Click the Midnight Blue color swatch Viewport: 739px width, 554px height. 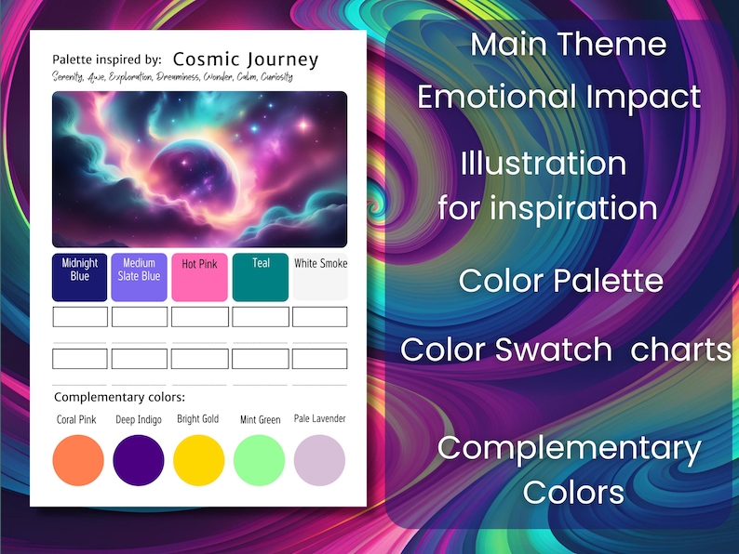pos(80,277)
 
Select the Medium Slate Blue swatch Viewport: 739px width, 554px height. pos(140,277)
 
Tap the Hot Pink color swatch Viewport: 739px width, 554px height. pos(199,277)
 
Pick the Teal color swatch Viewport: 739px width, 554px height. pos(261,277)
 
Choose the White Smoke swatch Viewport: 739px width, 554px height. pos(320,277)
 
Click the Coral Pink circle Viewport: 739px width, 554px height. pos(78,460)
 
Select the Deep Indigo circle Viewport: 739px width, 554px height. pos(139,460)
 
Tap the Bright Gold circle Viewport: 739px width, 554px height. pos(199,460)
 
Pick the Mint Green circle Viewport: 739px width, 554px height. pos(260,460)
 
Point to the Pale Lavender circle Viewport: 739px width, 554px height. pos(319,460)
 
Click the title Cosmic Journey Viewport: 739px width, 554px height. pos(246,59)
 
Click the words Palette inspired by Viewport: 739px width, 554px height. pos(107,59)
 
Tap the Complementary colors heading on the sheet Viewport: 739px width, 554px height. pos(119,397)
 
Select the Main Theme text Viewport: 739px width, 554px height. pos(568,44)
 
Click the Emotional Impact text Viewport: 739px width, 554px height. pos(558,96)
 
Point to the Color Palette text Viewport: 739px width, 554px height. pos(560,280)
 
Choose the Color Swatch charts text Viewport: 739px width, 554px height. pos(566,350)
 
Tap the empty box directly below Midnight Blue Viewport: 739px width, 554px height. pos(80,317)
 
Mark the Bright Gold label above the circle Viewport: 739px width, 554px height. pos(198,419)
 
